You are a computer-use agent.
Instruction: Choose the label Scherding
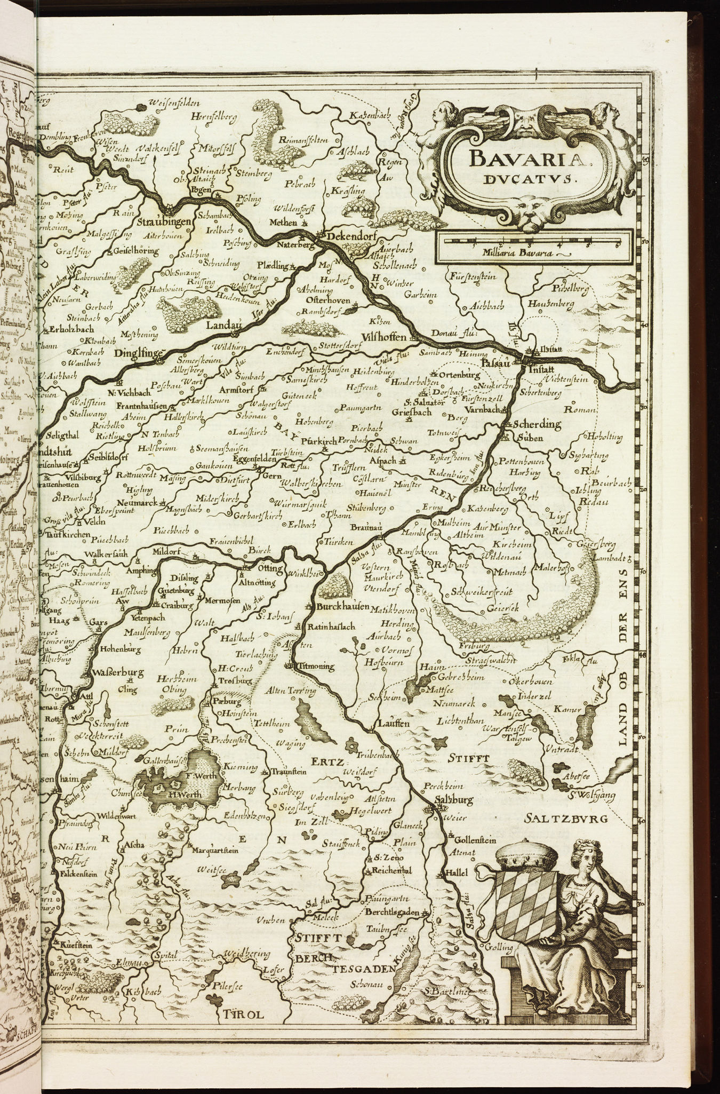[537, 425]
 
